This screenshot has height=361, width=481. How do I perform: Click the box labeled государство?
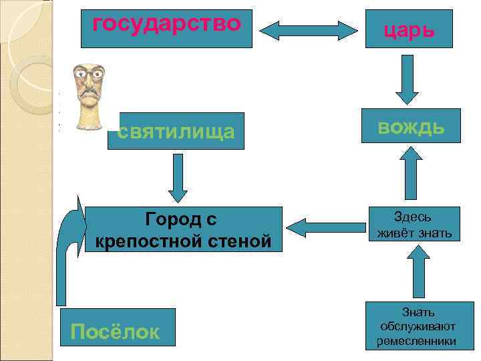(166, 28)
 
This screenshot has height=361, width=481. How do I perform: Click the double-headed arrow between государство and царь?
(309, 30)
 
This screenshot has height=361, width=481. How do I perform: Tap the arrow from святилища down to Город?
(175, 178)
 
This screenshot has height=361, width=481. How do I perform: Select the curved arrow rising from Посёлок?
(67, 254)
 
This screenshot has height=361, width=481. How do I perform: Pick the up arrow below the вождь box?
(410, 173)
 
